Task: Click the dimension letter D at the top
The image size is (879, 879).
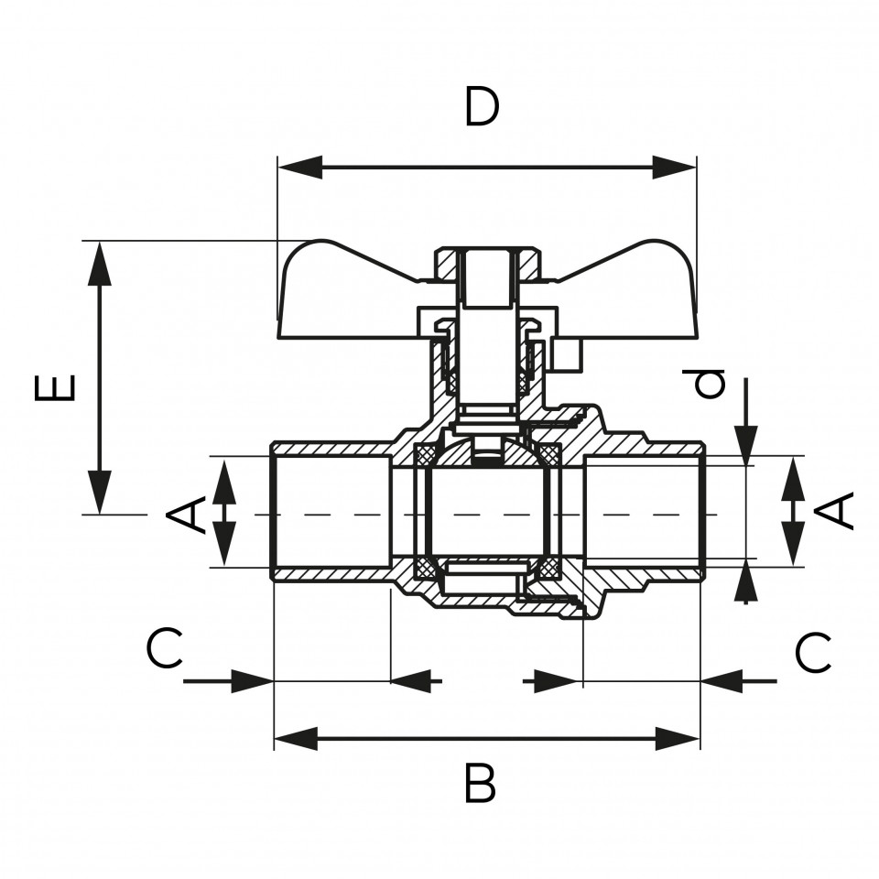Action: [483, 106]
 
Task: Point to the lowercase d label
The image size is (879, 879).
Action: [709, 384]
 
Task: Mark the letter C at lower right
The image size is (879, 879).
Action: [813, 653]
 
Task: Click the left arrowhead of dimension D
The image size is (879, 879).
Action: [300, 167]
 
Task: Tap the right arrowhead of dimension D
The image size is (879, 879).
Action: [675, 167]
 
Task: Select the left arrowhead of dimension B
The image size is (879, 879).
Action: [297, 739]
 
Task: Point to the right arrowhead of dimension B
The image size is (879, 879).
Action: [678, 739]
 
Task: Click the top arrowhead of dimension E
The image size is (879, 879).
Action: [100, 264]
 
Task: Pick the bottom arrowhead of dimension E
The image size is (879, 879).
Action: [100, 492]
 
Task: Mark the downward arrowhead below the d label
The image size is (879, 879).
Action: [745, 446]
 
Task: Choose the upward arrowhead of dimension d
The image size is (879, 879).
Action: [745, 581]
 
